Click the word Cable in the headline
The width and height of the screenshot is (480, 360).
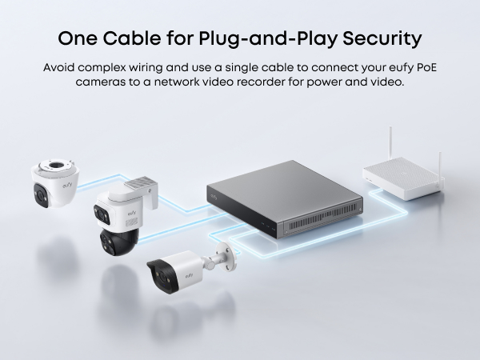(x=136, y=38)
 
